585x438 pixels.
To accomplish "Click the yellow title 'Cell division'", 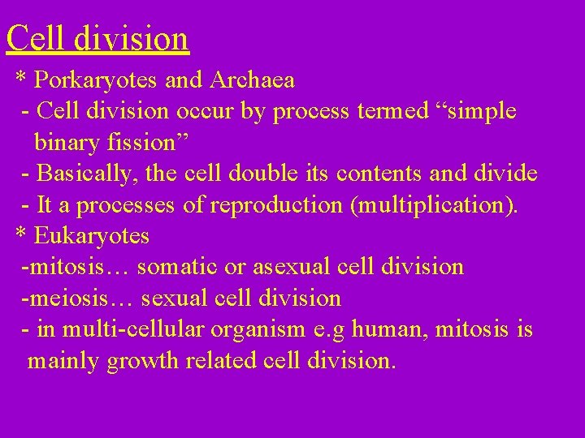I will click(x=97, y=37).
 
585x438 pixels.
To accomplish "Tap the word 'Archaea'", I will click(x=252, y=81).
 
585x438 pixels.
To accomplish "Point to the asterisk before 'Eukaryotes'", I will click(x=23, y=235).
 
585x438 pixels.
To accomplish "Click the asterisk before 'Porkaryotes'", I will click(x=23, y=79).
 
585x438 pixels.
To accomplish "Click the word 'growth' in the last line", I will click(x=156, y=360).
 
